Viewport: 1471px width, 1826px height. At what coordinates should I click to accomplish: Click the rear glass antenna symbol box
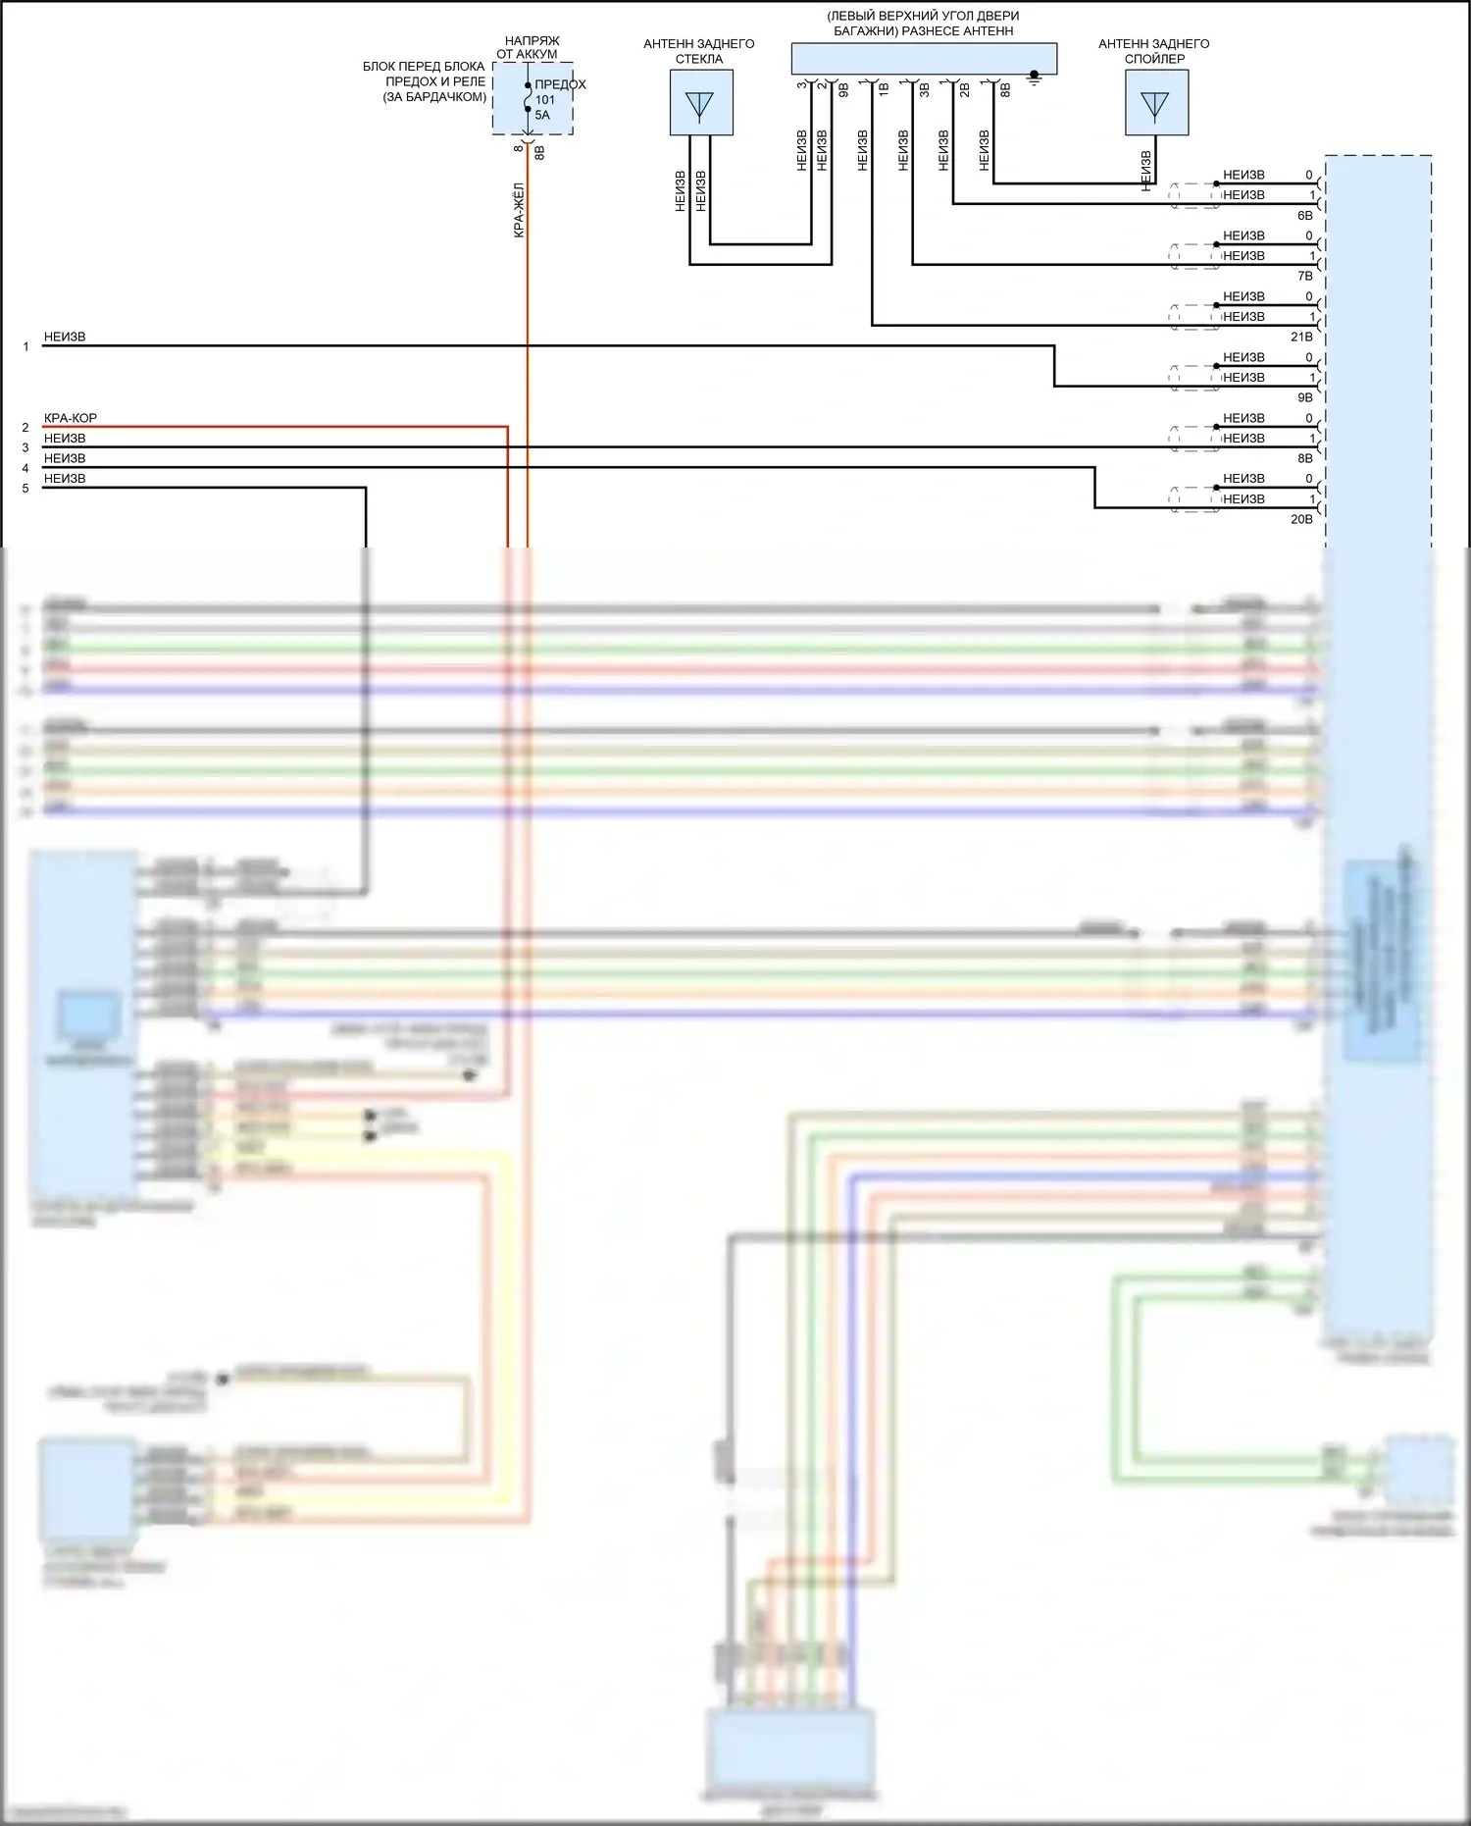coord(700,102)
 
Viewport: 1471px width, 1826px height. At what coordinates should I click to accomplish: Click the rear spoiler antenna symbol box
coord(1156,102)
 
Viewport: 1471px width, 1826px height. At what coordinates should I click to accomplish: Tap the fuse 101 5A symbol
coord(529,98)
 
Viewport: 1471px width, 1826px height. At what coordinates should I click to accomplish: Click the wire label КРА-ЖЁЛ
coord(519,210)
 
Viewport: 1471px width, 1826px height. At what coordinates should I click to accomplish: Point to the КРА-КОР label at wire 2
coord(71,418)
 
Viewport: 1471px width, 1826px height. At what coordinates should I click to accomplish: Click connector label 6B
coord(1304,215)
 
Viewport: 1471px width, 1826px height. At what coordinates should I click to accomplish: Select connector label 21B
coord(1301,337)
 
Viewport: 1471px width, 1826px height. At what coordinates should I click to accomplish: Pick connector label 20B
coord(1301,519)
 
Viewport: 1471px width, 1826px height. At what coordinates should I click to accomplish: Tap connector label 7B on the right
coord(1304,276)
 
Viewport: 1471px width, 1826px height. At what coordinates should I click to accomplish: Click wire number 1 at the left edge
coord(25,346)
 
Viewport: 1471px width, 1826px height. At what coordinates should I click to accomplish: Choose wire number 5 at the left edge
coord(25,489)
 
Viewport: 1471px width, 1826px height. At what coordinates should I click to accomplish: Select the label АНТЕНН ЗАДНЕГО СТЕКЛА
coord(699,51)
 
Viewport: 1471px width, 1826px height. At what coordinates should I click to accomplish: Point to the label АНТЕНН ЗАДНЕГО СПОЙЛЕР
coord(1153,51)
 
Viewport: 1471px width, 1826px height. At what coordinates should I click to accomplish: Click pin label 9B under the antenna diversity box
coord(844,90)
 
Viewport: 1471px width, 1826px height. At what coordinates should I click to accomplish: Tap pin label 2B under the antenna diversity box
coord(965,90)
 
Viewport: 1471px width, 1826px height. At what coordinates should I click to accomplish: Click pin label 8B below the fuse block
coord(539,152)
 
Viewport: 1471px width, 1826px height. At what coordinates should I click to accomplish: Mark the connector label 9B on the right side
coord(1304,397)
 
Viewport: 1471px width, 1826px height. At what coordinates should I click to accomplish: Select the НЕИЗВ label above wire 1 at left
coord(65,337)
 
